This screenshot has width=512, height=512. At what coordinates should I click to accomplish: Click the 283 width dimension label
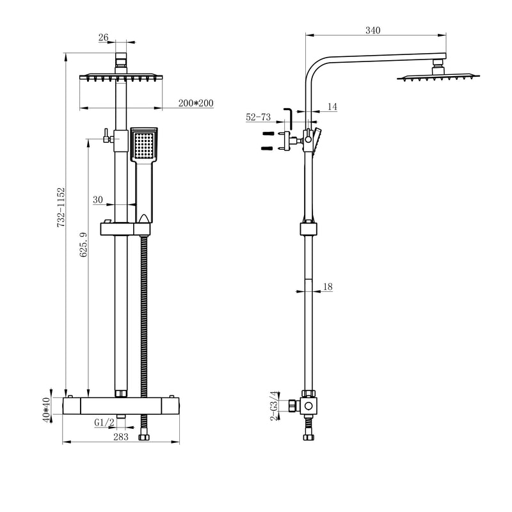click(x=120, y=437)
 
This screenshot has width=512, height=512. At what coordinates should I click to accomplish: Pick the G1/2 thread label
click(x=104, y=422)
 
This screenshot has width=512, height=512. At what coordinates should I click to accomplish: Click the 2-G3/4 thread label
click(x=275, y=406)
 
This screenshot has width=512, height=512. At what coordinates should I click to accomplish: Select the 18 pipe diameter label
click(x=328, y=287)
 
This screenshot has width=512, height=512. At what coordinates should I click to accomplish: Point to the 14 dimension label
click(x=332, y=107)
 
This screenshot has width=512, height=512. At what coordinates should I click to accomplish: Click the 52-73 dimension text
click(x=259, y=117)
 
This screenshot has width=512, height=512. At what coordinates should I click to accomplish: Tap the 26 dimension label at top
click(x=104, y=38)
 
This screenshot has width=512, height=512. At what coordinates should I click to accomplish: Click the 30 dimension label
click(x=98, y=200)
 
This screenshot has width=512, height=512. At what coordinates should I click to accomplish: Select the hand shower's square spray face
click(x=144, y=145)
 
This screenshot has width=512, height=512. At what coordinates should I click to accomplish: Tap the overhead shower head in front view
click(x=120, y=78)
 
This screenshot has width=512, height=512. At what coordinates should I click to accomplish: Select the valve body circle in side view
click(x=309, y=406)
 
